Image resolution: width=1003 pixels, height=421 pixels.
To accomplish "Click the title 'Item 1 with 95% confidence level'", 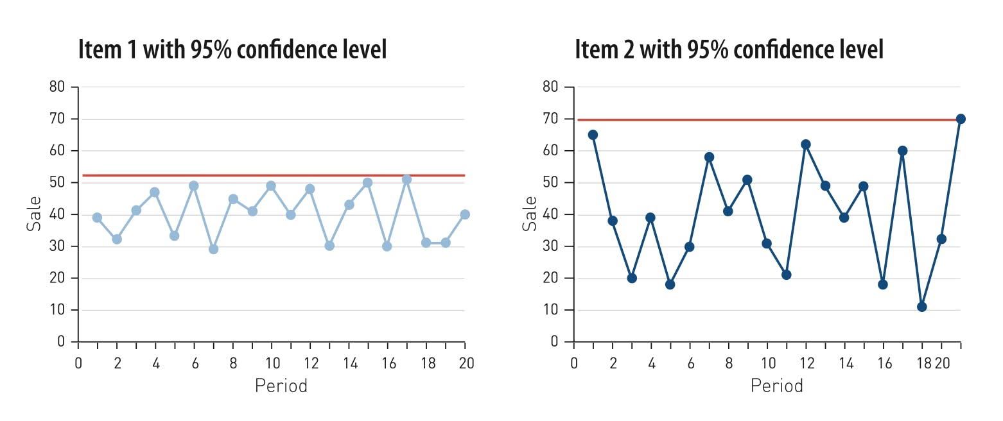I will (x=232, y=49).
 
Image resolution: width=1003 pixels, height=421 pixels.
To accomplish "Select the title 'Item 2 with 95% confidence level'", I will (x=729, y=49).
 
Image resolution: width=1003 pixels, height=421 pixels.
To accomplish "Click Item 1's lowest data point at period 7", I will (x=213, y=249).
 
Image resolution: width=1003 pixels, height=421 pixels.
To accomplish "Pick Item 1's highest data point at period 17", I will (x=406, y=179).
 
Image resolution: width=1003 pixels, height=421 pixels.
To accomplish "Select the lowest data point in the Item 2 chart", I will (x=921, y=307).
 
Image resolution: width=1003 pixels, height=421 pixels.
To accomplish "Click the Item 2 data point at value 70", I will (x=961, y=119).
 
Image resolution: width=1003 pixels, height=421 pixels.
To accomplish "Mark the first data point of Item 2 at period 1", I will (x=593, y=135).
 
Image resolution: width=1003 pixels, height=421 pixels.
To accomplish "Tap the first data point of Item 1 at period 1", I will (x=97, y=218).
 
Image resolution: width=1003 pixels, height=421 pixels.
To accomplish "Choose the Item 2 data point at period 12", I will (x=805, y=144).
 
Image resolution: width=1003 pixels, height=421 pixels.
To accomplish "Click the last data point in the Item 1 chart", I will (x=465, y=214).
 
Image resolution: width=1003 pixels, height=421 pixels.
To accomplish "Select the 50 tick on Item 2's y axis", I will (x=553, y=183).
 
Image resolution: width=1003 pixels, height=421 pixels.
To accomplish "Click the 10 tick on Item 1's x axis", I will (x=271, y=363).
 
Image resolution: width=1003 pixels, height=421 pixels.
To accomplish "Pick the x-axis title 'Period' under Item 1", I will (x=281, y=386).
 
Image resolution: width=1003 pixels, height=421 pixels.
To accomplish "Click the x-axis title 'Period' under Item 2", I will (x=777, y=386).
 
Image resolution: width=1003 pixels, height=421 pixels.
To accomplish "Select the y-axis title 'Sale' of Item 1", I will (x=33, y=214).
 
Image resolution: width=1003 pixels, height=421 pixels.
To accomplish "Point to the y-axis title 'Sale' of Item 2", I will (x=529, y=214).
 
